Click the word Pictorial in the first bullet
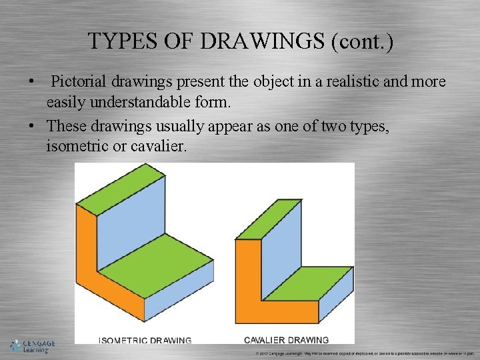click(79, 82)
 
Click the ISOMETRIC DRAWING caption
click(145, 340)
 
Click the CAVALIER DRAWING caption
click(287, 340)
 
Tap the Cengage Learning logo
click(32, 346)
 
